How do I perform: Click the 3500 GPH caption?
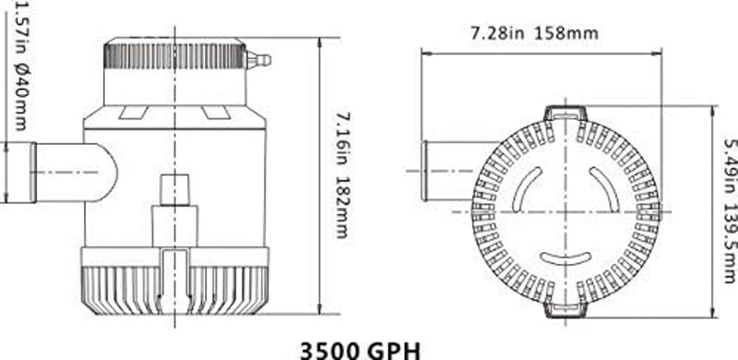[x=360, y=351]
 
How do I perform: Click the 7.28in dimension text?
[x=498, y=33]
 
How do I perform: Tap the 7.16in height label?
[x=344, y=135]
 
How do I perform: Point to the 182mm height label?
[x=344, y=208]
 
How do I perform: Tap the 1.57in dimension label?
[x=22, y=28]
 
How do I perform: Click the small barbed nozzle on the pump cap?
[x=258, y=60]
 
